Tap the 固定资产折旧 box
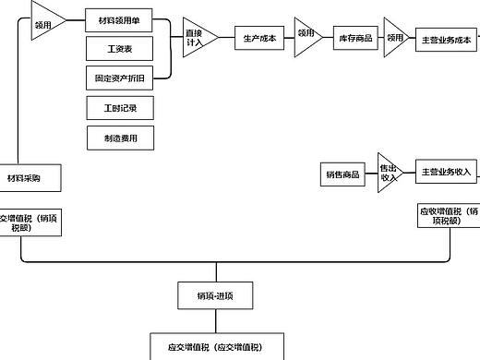[x=118, y=78]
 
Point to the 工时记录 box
[x=118, y=108]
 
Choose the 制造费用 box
[x=118, y=138]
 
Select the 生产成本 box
[x=259, y=39]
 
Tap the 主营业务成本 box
[x=446, y=40]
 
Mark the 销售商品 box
[x=342, y=175]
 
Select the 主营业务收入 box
[x=447, y=172]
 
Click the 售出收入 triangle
[x=389, y=173]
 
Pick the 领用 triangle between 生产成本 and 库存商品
[x=306, y=38]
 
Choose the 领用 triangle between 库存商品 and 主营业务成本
[x=395, y=38]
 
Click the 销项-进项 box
[x=213, y=295]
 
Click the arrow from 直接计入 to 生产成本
[x=226, y=39]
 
